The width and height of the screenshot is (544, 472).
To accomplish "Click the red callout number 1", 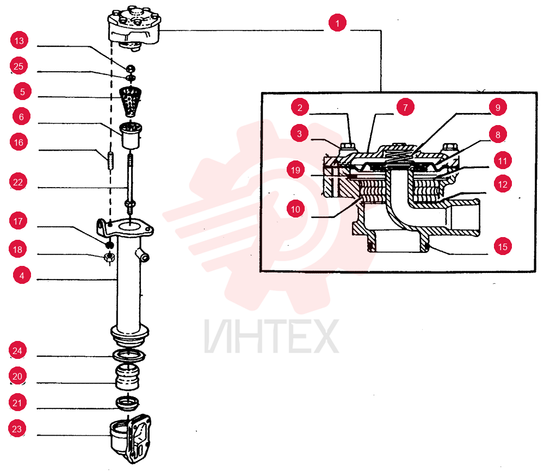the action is (337, 23).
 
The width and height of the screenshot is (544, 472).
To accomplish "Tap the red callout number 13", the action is (19, 41).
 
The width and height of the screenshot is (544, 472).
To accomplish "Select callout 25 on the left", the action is (18, 66).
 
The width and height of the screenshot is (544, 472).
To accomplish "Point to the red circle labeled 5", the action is (22, 91).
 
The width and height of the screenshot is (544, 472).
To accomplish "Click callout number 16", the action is (18, 142).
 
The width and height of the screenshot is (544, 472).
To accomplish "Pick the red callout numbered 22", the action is (18, 182).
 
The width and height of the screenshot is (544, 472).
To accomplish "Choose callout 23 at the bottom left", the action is (17, 428).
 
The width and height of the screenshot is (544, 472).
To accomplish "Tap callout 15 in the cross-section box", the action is (503, 246).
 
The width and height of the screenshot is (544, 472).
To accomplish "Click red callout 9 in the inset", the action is (498, 107).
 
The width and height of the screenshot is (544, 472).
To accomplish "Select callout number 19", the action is (295, 170).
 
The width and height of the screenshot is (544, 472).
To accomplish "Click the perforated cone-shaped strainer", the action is (130, 102).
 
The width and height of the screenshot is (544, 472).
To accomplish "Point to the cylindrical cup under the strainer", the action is (131, 135).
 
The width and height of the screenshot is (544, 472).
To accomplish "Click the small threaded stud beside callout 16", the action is (110, 160).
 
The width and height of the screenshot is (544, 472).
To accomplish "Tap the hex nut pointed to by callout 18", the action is (109, 257).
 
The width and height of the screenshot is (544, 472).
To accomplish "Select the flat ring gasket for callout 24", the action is (129, 355).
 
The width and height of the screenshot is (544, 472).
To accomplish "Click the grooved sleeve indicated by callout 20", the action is (127, 377).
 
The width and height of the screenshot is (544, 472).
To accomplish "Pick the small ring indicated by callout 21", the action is (127, 403).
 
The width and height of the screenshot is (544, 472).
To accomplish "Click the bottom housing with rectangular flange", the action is (131, 438).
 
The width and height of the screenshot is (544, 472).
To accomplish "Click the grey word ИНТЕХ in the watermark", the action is (271, 337).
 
